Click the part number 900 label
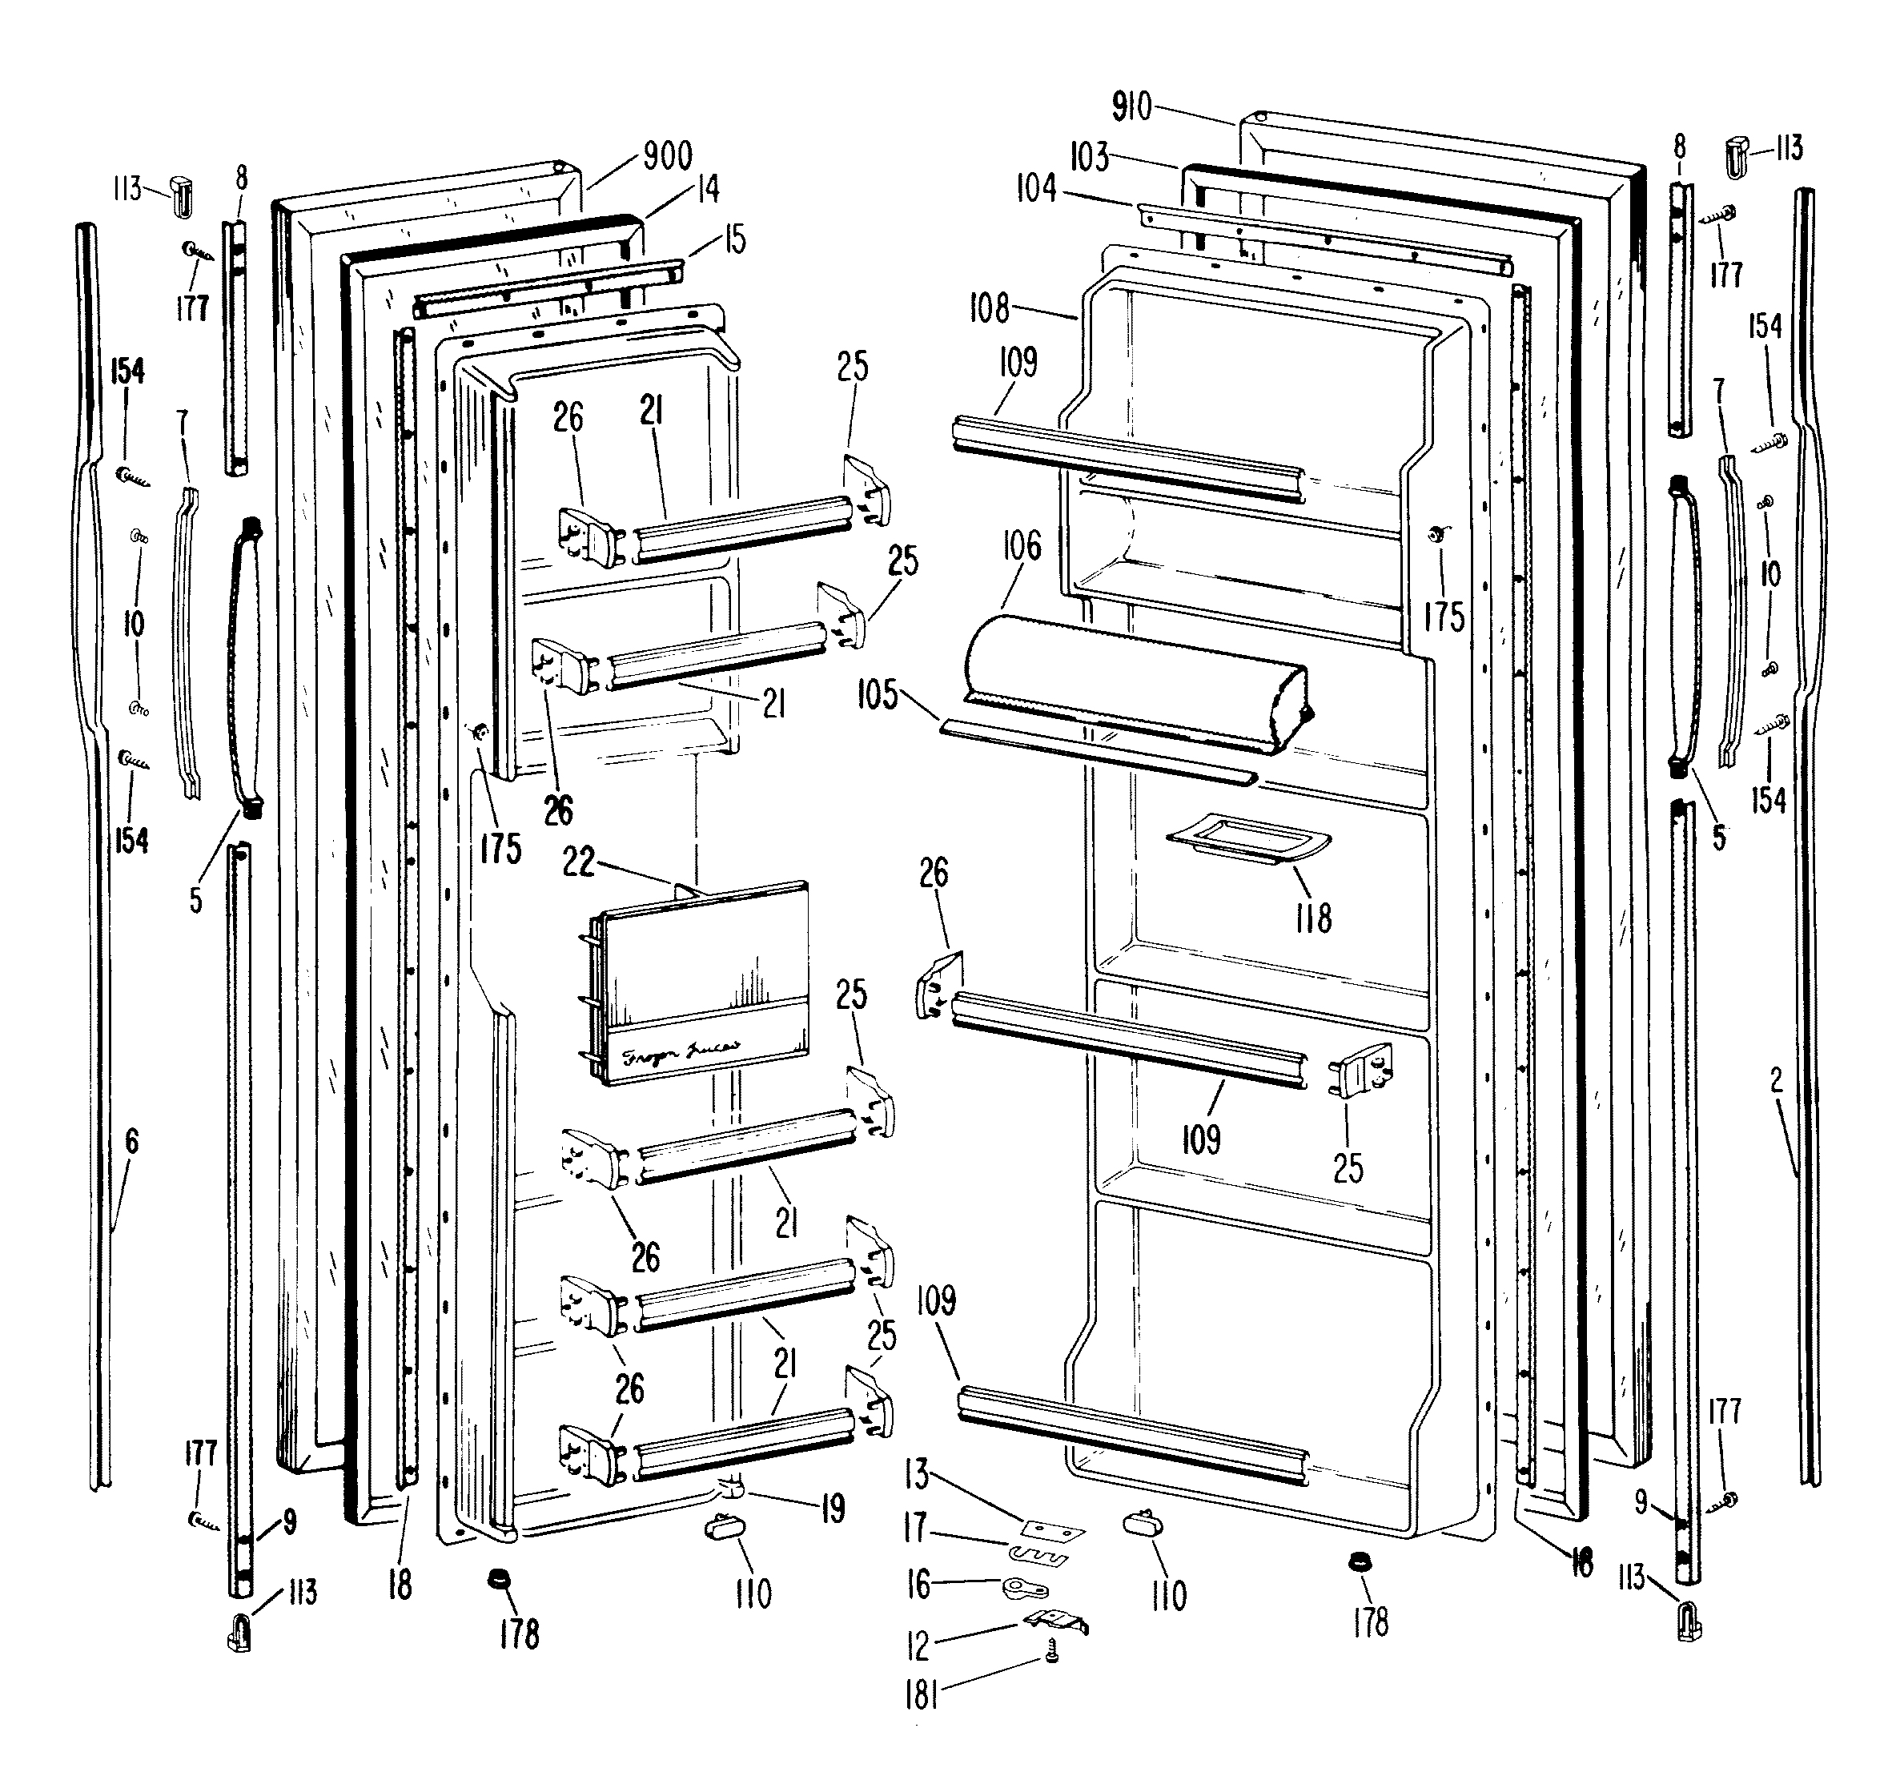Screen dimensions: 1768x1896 pyautogui.click(x=668, y=155)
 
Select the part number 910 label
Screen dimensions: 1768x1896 pyautogui.click(x=1132, y=106)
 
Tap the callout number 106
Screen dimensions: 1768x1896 pyautogui.click(x=1022, y=546)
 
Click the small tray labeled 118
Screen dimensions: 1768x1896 pyautogui.click(x=1247, y=839)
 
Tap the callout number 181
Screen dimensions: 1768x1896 pyautogui.click(x=922, y=1694)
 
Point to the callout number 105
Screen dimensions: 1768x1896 pyautogui.click(x=878, y=695)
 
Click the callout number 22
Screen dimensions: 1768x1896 pyautogui.click(x=579, y=862)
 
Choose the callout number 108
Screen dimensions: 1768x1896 pyautogui.click(x=989, y=308)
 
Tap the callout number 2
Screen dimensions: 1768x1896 pyautogui.click(x=1776, y=1079)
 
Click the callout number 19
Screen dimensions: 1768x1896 pyautogui.click(x=833, y=1509)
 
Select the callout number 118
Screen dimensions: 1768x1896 pyautogui.click(x=1313, y=918)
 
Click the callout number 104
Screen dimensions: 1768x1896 pyautogui.click(x=1036, y=189)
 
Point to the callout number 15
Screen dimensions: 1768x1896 pyautogui.click(x=734, y=239)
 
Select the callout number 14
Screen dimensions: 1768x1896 pyautogui.click(x=708, y=190)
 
